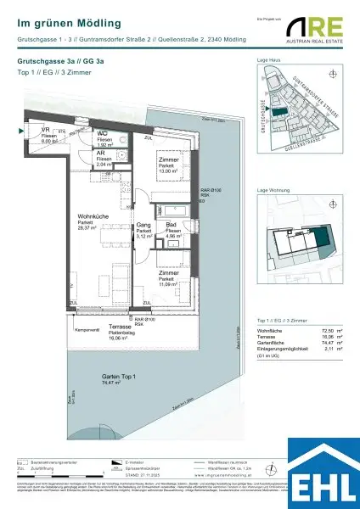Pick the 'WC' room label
point(100,134)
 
